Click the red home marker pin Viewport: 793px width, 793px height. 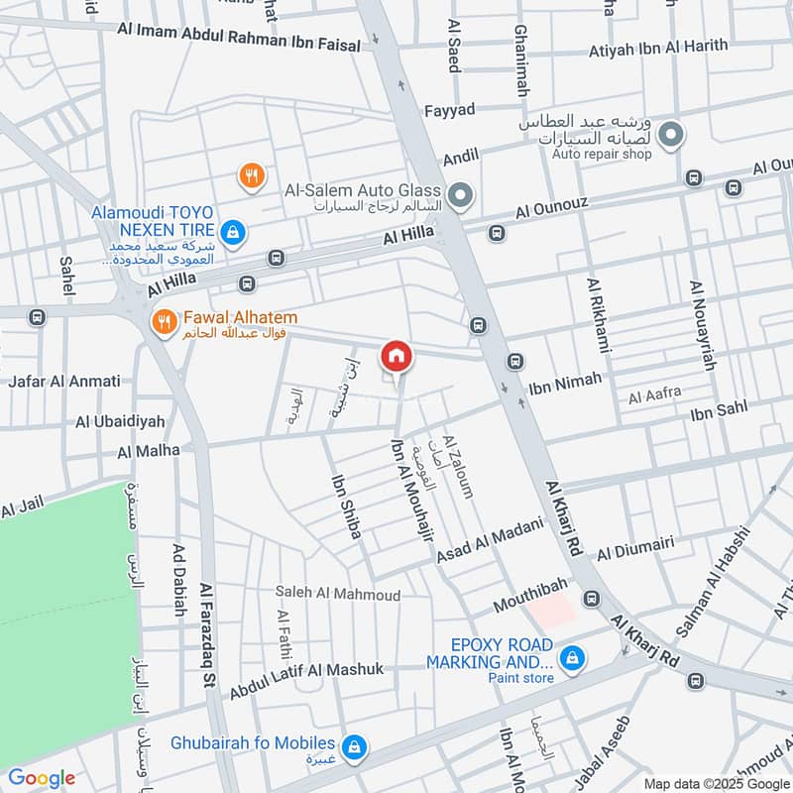click(396, 356)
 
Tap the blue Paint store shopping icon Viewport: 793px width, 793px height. click(571, 657)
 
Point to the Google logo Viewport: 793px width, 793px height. click(41, 778)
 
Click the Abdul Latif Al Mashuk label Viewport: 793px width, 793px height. click(306, 681)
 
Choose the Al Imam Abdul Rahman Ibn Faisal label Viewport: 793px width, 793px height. click(235, 30)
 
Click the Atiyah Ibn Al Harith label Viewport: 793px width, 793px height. click(657, 47)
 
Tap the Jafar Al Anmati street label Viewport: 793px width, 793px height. click(64, 381)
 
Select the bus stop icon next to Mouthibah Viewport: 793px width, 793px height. click(592, 599)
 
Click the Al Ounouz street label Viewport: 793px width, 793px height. click(551, 208)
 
